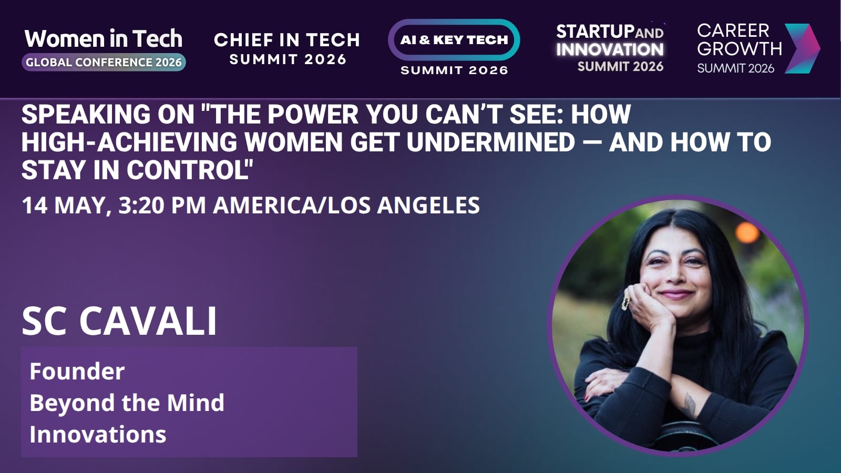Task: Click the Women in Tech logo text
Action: (x=103, y=39)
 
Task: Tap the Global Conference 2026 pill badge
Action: (x=104, y=63)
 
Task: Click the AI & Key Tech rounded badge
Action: (x=454, y=40)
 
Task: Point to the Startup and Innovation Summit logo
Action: (x=610, y=48)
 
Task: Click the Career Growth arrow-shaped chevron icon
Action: (x=802, y=48)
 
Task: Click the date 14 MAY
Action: (x=66, y=205)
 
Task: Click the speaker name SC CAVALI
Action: (x=119, y=321)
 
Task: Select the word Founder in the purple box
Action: (x=77, y=371)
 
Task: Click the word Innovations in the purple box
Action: (x=98, y=434)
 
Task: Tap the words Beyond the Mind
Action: (x=127, y=403)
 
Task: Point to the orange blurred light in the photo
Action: (x=747, y=233)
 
